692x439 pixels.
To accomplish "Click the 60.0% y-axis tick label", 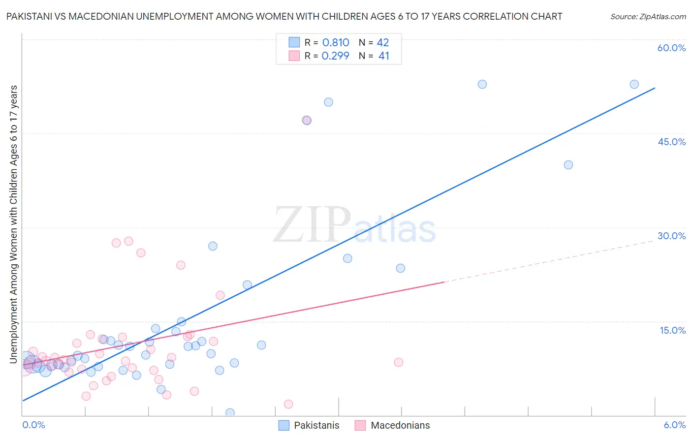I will click(x=671, y=48).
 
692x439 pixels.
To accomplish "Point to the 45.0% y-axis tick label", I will click(x=671, y=142).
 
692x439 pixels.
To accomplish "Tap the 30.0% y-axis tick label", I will click(x=671, y=236).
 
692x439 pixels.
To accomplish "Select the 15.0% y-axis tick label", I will click(x=672, y=330).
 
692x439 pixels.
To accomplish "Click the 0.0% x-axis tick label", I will click(x=33, y=425).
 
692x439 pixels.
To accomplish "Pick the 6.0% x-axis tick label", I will click(x=674, y=425).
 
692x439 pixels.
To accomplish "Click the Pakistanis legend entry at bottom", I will click(x=309, y=425).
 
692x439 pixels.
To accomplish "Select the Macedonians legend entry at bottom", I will click(x=392, y=425).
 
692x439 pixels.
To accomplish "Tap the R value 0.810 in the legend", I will click(x=335, y=43).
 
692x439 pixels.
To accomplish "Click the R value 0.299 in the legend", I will click(x=335, y=56).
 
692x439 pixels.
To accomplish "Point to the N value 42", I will click(x=382, y=43).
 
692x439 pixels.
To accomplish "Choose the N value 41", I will click(x=383, y=56).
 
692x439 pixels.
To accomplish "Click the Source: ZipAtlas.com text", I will click(x=648, y=17).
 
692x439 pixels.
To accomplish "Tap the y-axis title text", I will click(x=14, y=224).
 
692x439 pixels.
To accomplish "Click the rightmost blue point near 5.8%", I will click(x=634, y=84).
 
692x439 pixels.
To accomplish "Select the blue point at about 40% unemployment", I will click(x=568, y=165).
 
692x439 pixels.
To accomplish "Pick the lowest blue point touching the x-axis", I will click(x=230, y=412).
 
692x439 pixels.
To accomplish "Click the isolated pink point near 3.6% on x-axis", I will click(x=398, y=362).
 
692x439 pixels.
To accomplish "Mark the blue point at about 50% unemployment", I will click(x=328, y=102).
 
